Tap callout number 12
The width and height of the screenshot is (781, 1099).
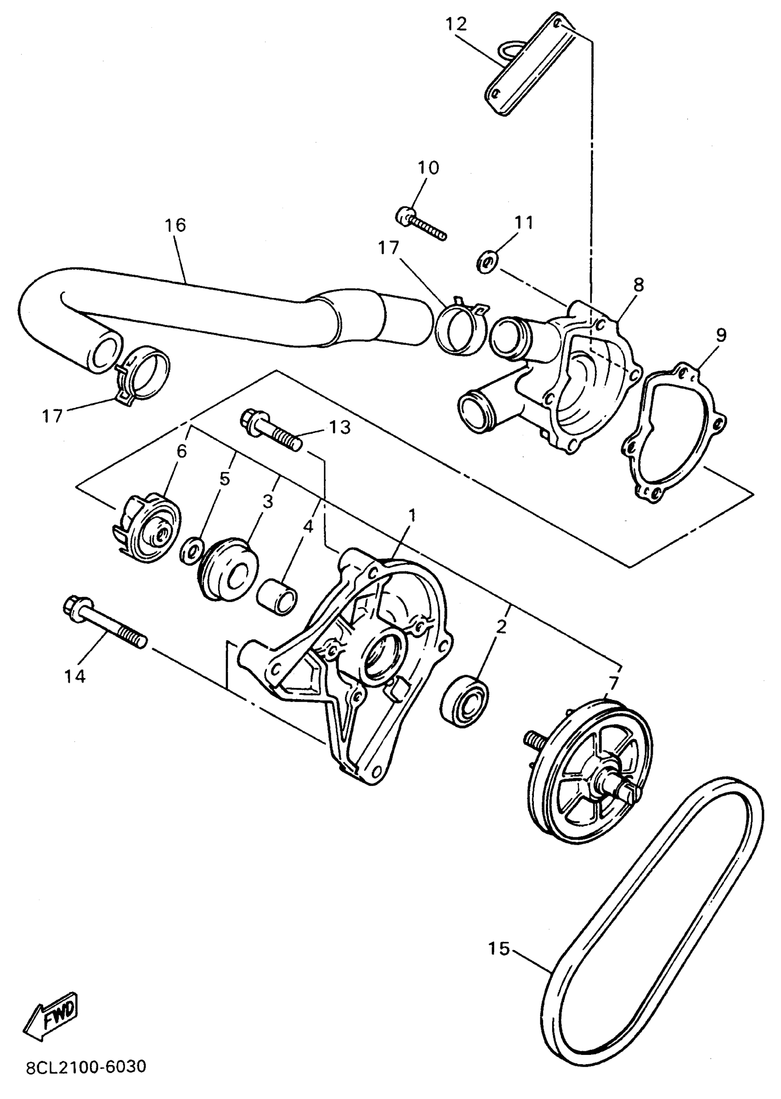click(456, 24)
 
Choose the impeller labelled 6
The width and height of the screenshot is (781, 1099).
click(146, 525)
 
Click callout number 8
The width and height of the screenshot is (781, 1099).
click(638, 285)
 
